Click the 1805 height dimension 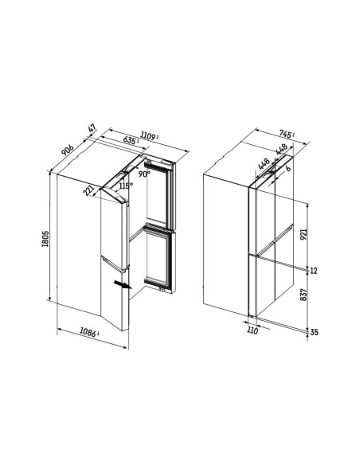click(45, 238)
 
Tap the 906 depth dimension click(68, 150)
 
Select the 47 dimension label click(92, 129)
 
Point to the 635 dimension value click(130, 140)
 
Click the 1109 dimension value click(148, 136)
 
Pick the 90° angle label click(144, 174)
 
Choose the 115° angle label click(126, 186)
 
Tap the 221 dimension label click(88, 190)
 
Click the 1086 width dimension click(88, 332)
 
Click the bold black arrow click(123, 285)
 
